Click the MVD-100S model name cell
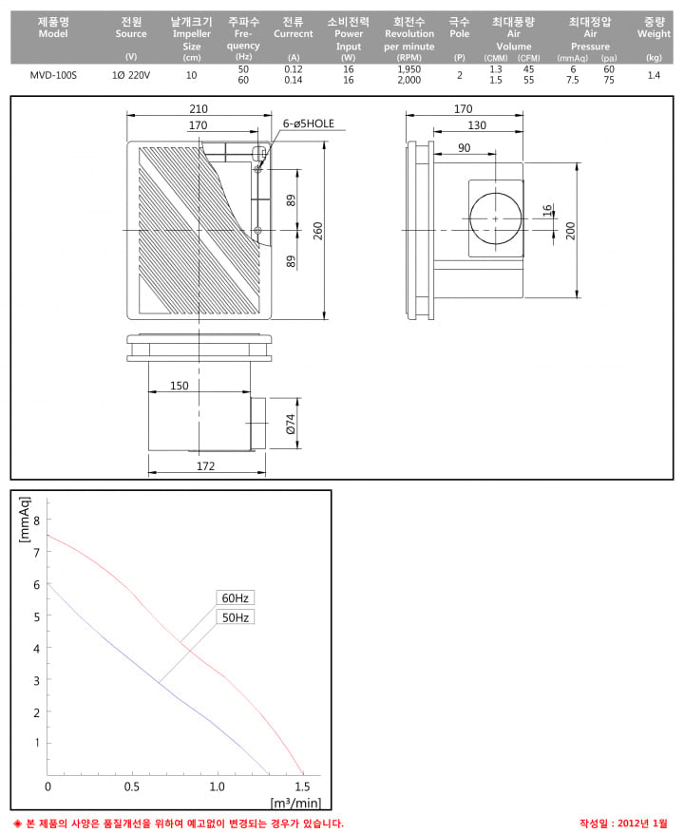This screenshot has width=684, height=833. point(53,75)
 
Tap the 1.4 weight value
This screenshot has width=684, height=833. point(654,75)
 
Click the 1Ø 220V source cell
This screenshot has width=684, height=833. point(131,75)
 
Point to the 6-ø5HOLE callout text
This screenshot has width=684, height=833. point(308,123)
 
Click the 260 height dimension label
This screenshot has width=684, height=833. point(318,231)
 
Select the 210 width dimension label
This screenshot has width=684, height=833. point(199,109)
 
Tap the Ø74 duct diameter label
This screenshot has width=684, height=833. point(290,424)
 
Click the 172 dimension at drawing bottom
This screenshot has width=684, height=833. point(206,466)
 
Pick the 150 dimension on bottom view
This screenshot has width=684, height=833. point(180,386)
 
